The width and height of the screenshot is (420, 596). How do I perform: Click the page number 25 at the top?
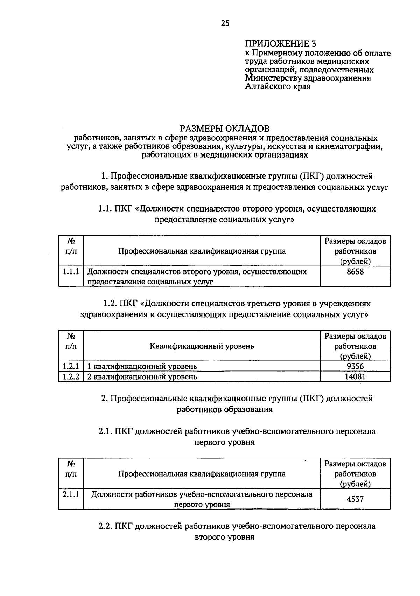pos(225,23)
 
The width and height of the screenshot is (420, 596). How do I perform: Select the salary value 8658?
pos(355,272)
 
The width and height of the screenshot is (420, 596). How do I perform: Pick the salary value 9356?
pos(355,366)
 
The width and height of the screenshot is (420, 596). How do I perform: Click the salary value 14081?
pos(355,377)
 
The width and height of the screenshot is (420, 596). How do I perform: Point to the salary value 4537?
pos(355,499)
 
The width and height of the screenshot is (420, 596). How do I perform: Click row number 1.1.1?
pos(71,272)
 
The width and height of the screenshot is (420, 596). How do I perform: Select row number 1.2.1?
pos(71,366)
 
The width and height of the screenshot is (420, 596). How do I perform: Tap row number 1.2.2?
pos(71,377)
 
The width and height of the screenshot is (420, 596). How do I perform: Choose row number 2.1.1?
pos(71,495)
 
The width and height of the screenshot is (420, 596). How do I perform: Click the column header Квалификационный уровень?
pos(202,346)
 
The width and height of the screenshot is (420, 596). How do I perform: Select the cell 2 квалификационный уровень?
pos(142,377)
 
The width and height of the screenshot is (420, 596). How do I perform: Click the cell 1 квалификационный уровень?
pos(142,366)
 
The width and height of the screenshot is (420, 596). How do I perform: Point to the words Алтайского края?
pos(278,86)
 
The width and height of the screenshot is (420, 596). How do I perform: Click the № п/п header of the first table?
pos(71,247)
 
